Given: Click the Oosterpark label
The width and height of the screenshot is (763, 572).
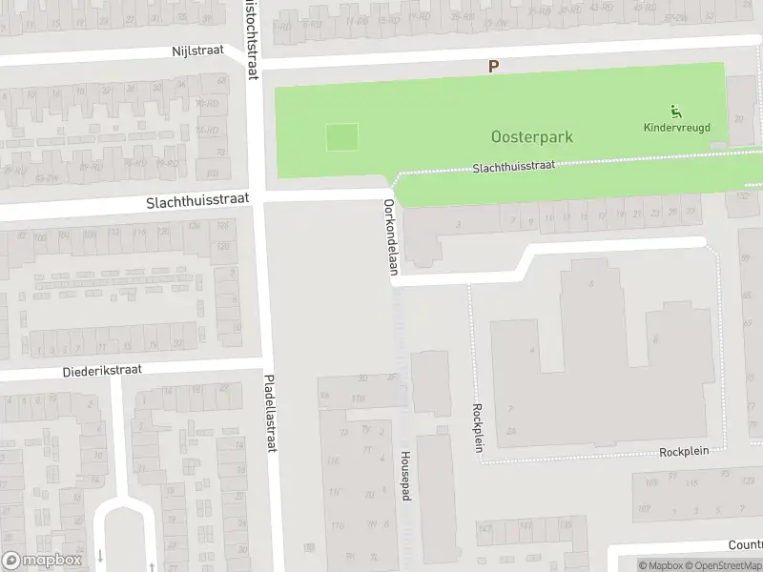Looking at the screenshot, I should [x=532, y=137].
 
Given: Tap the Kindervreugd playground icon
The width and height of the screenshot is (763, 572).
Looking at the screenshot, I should [x=676, y=111].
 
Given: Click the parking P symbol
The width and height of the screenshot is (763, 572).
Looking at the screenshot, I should [x=493, y=67].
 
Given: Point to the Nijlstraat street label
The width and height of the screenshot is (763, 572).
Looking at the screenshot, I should [x=197, y=51].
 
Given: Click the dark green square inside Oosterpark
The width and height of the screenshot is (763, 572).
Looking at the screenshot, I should [x=342, y=137].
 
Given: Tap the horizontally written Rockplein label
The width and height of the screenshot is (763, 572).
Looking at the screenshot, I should [x=688, y=452].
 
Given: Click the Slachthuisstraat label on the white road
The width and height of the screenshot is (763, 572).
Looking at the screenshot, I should [x=197, y=201].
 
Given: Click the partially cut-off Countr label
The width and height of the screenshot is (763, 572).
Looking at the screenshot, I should [x=745, y=544].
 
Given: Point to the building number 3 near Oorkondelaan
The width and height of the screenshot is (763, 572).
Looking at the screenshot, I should [x=459, y=224].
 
